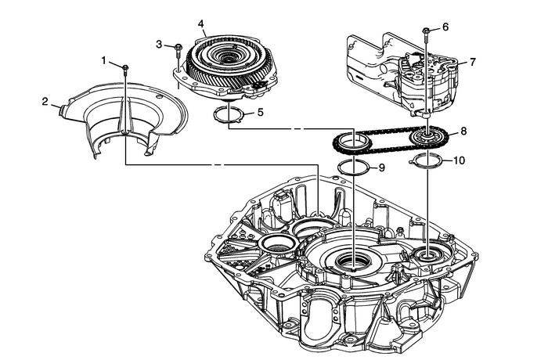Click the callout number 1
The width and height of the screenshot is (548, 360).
click(x=103, y=60)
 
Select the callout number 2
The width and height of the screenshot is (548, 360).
click(x=45, y=100)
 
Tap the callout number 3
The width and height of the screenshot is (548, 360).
click(x=159, y=45)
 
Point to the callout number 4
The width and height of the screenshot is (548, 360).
click(x=201, y=24)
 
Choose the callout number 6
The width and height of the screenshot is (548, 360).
click(x=445, y=27)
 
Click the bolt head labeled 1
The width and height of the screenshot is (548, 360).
click(x=125, y=69)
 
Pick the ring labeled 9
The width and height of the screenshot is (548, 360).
click(x=354, y=167)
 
